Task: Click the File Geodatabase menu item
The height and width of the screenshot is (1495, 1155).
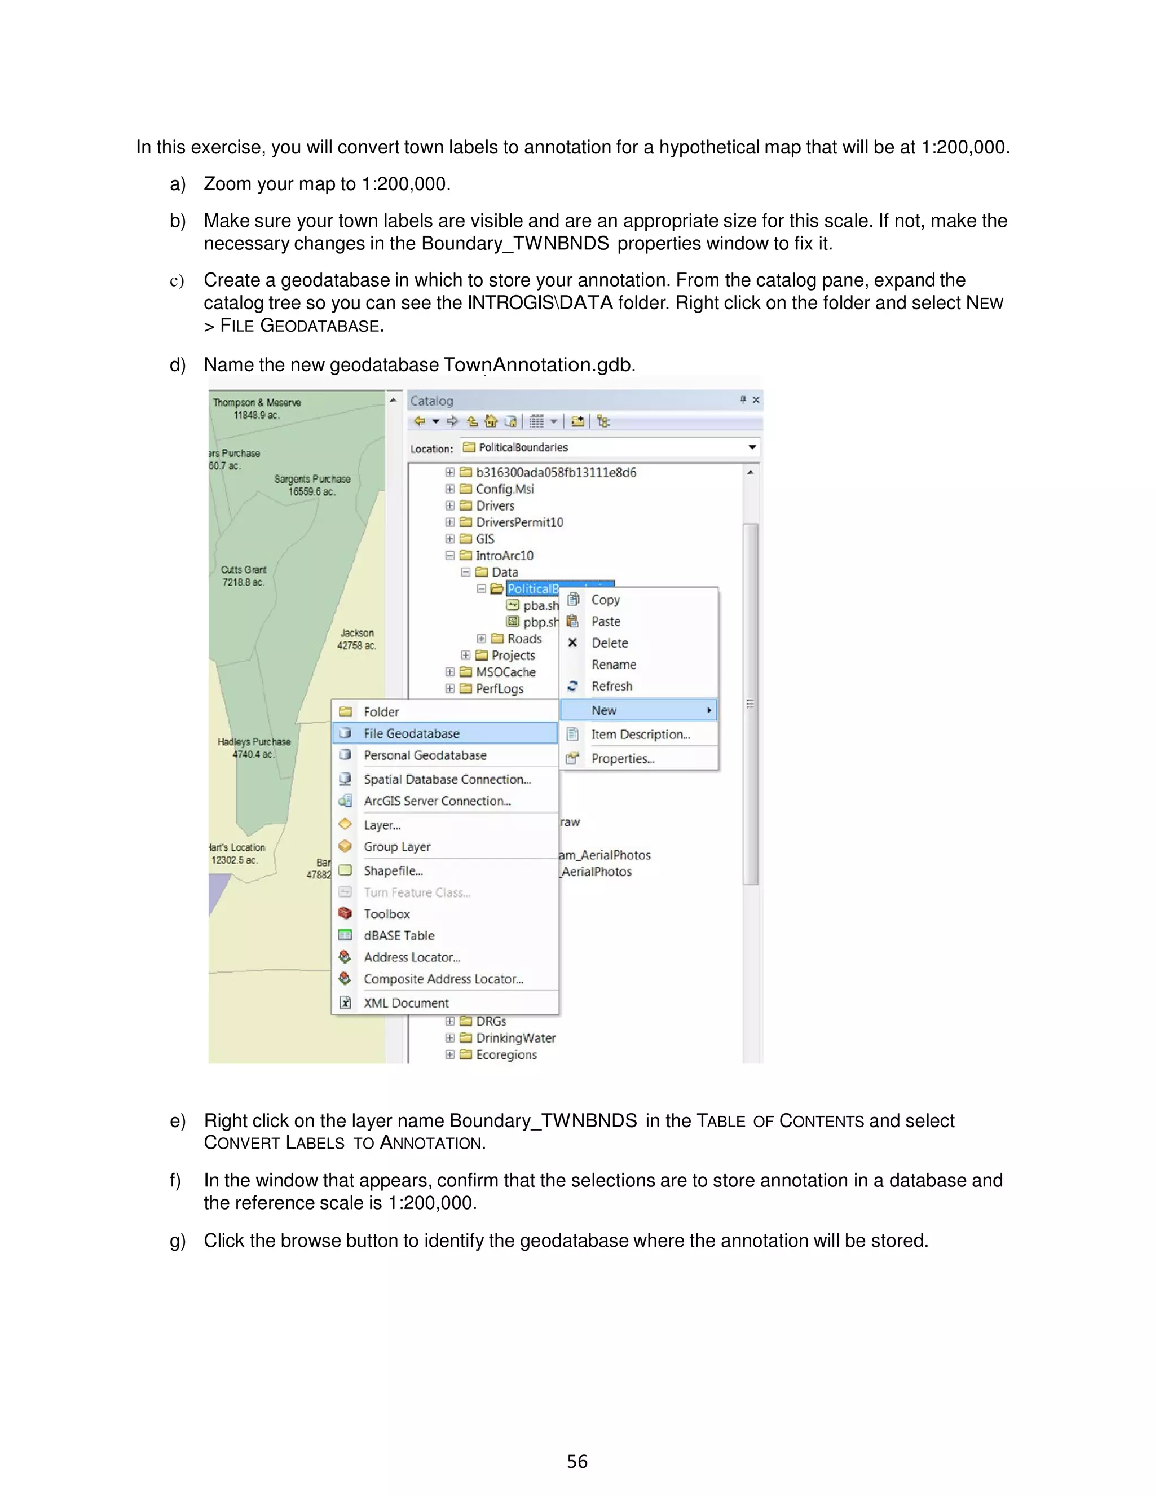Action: tap(411, 733)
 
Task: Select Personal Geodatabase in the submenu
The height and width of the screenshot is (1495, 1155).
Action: tap(425, 755)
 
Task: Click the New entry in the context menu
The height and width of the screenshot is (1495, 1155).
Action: tap(604, 710)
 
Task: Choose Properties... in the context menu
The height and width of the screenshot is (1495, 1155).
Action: tap(623, 758)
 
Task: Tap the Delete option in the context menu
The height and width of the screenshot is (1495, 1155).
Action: tap(610, 643)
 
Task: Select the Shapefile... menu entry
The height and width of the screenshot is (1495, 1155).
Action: tap(393, 870)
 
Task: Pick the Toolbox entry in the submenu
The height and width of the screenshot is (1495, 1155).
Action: tap(386, 914)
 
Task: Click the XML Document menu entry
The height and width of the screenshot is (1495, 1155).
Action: tap(405, 1003)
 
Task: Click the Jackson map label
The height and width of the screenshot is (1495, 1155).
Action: tap(356, 639)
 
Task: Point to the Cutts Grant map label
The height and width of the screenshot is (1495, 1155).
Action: tap(244, 575)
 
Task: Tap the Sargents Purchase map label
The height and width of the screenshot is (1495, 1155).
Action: tap(312, 485)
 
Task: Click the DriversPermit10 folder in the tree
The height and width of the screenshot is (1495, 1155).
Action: tap(519, 522)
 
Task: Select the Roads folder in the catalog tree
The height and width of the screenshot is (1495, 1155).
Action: tap(524, 639)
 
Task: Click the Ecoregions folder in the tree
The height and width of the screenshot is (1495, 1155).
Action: tap(506, 1055)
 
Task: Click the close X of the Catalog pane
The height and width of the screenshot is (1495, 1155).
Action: tap(756, 400)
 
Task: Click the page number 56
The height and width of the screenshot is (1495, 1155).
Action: tap(577, 1462)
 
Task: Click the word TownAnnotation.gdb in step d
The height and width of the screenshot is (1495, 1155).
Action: tap(539, 365)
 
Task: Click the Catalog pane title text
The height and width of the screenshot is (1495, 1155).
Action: tap(431, 401)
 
